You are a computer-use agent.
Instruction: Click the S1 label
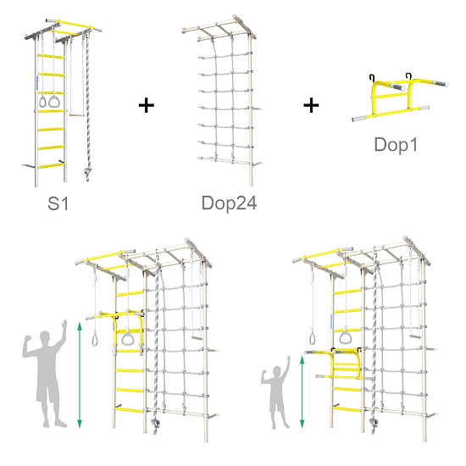(x=58, y=203)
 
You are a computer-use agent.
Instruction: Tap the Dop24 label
(x=229, y=203)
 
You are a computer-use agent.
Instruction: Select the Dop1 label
(x=396, y=145)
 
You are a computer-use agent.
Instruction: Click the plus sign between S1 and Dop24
(x=147, y=106)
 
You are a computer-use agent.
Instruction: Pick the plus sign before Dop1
(x=311, y=106)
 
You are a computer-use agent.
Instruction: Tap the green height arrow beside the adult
(x=80, y=375)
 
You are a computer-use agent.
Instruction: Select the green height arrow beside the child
(x=302, y=392)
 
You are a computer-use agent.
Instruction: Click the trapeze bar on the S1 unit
(x=77, y=115)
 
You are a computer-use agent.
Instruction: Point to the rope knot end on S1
(x=87, y=171)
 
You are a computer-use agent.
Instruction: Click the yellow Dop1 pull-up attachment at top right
(x=400, y=98)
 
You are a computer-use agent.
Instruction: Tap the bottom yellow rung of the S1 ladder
(x=51, y=166)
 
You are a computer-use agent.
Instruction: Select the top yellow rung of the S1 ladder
(x=51, y=56)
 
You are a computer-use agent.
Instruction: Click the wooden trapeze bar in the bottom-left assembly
(x=197, y=338)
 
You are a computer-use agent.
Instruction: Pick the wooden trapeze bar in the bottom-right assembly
(x=415, y=336)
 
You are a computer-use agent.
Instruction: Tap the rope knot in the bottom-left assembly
(x=155, y=423)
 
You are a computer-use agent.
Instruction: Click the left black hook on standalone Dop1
(x=372, y=78)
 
